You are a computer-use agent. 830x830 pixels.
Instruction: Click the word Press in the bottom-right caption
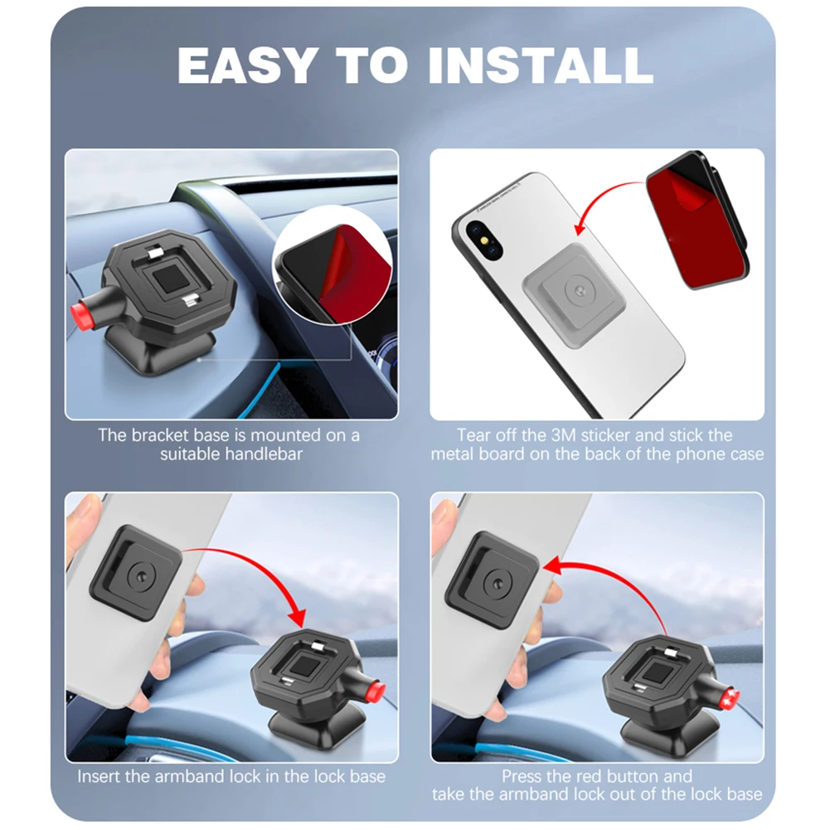(x=522, y=777)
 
